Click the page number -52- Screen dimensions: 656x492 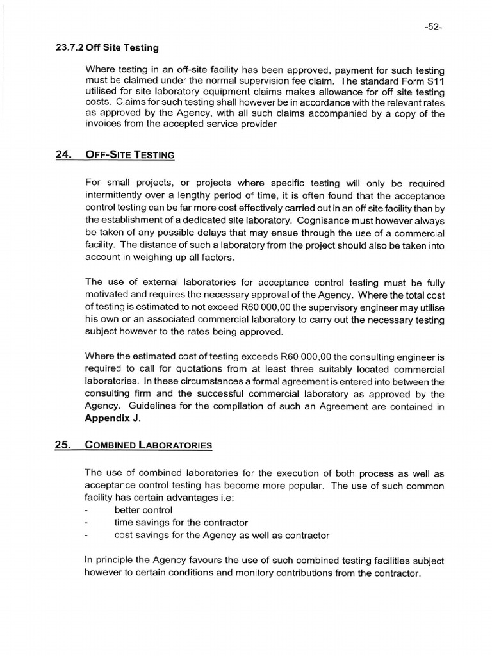(433, 28)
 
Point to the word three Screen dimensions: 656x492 (299, 369)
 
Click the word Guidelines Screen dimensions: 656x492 (150, 406)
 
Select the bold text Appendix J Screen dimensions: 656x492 (111, 418)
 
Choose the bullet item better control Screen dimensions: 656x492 (143, 510)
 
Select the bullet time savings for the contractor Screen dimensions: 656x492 (181, 523)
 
